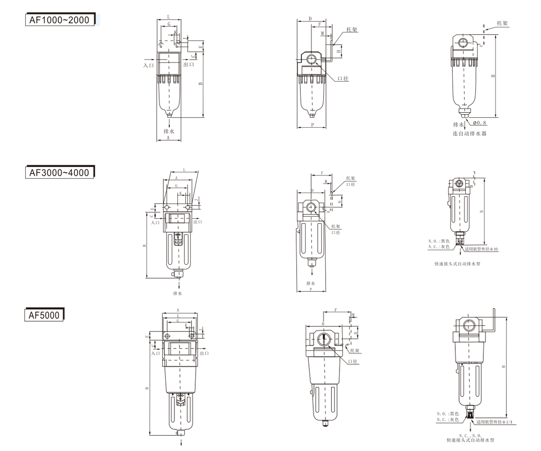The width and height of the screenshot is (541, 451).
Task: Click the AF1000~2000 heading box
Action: coord(60,19)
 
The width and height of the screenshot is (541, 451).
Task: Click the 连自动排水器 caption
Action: coord(470,134)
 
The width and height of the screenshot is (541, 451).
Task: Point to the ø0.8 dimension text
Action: coord(480,123)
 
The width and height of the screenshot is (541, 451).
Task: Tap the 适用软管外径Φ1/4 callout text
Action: coord(495,422)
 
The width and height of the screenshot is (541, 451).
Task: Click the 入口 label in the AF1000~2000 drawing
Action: coord(149,65)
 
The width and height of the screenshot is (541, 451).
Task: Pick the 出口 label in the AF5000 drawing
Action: coord(204,353)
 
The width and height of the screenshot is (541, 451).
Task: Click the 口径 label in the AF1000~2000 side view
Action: coord(343,78)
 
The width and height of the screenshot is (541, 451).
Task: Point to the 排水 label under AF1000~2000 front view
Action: coord(169,131)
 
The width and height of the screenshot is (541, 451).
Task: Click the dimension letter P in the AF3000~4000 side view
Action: coord(312,290)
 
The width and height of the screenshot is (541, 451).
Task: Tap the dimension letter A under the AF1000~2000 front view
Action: coord(168,138)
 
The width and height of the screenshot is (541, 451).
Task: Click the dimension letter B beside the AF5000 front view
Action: coord(147,388)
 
